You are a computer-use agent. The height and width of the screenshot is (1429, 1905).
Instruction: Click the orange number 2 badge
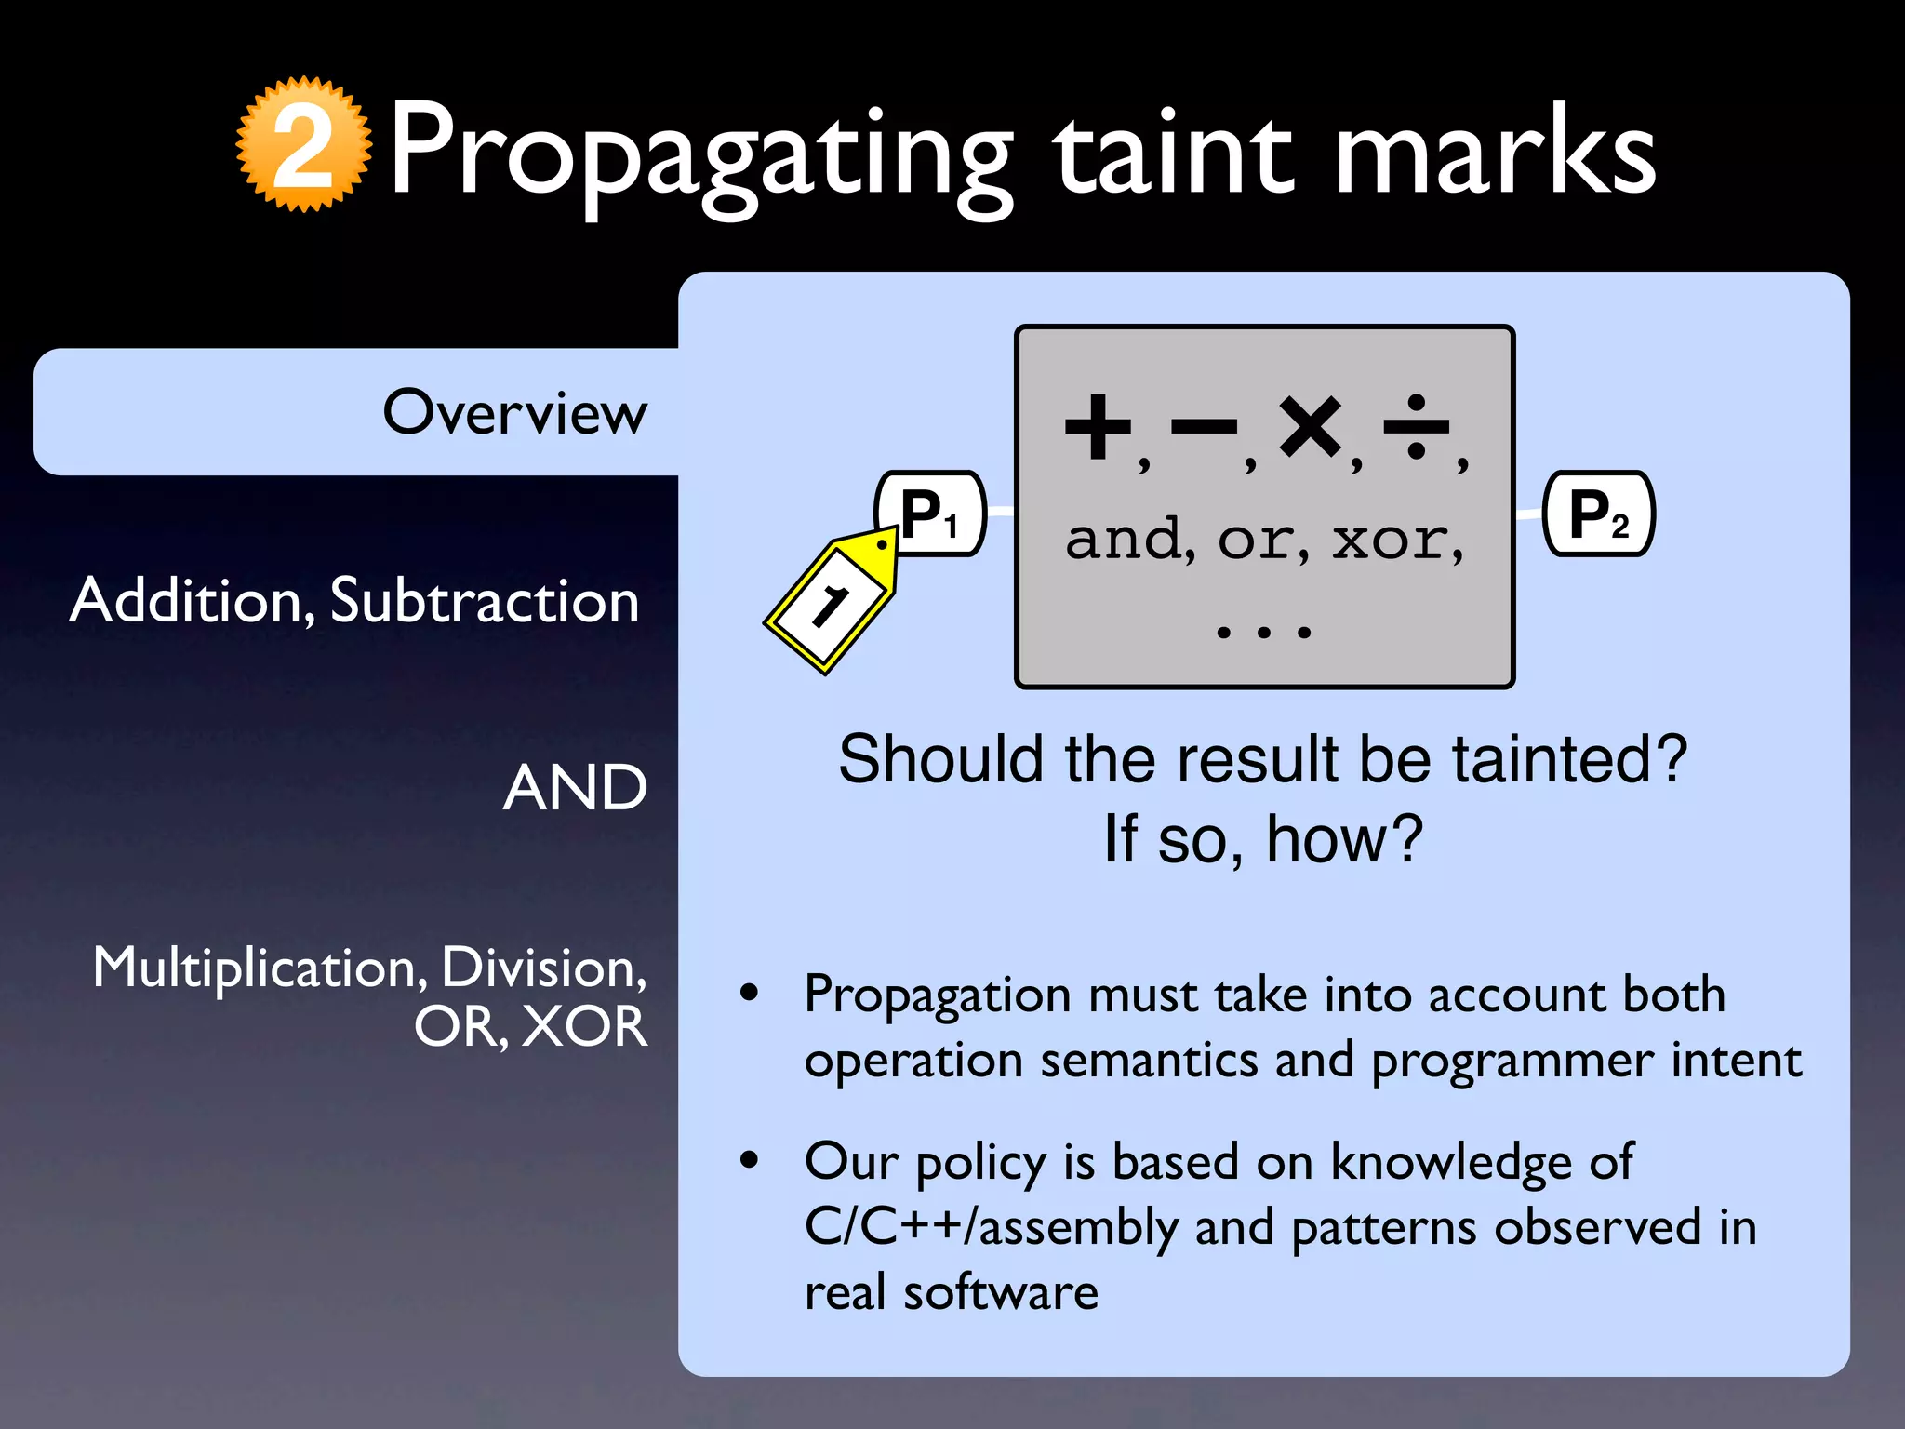click(x=303, y=145)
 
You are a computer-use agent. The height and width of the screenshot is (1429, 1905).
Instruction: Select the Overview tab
click(x=514, y=412)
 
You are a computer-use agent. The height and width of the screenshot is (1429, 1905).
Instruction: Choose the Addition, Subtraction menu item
click(x=354, y=600)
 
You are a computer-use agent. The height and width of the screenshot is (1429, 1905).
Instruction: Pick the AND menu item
click(x=575, y=788)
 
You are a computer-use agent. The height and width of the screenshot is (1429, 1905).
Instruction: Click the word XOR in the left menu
click(x=583, y=1027)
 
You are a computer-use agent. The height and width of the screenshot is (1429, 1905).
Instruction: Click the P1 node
click(x=930, y=514)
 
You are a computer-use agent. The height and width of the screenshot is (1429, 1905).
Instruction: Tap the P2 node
click(x=1598, y=514)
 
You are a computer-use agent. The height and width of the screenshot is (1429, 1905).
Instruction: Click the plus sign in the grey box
click(x=1098, y=427)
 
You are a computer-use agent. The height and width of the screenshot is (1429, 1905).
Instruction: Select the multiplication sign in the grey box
click(x=1310, y=427)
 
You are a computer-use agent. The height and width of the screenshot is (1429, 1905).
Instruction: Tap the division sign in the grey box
click(x=1416, y=427)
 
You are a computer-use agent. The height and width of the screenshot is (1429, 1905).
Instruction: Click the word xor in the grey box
click(x=1391, y=540)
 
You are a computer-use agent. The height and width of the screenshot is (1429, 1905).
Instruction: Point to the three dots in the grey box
click(x=1264, y=633)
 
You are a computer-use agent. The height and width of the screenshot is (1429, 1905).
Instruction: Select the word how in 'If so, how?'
click(x=1343, y=839)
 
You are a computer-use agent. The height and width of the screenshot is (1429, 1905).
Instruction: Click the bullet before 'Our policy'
click(x=749, y=1160)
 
